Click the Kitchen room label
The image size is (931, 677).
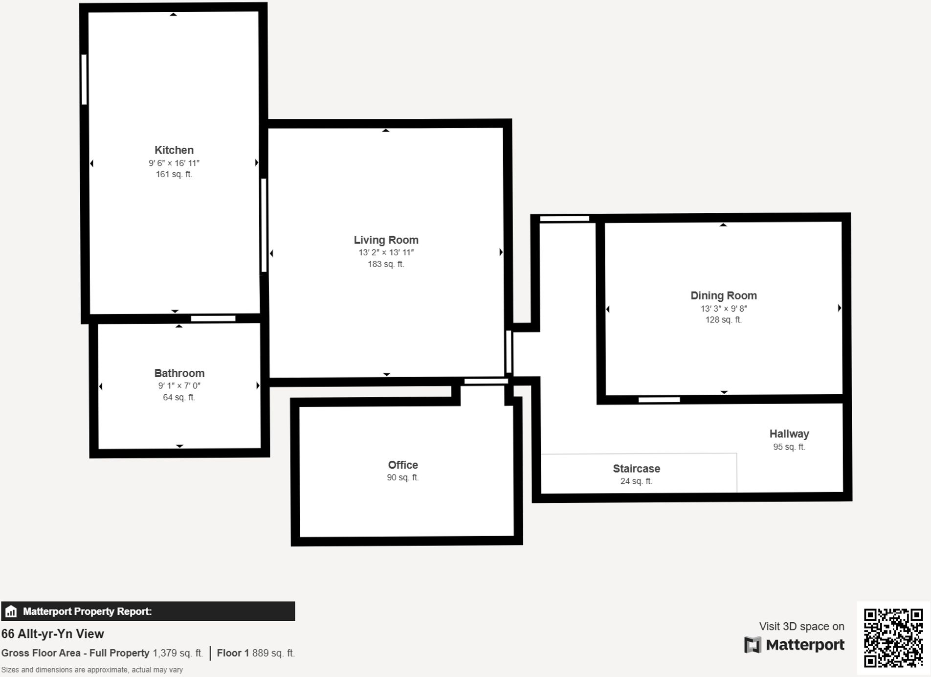(x=174, y=150)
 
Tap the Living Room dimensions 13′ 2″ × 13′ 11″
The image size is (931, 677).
(x=386, y=252)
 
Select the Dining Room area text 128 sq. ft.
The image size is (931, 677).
(x=723, y=320)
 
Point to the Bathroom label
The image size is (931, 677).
(x=179, y=373)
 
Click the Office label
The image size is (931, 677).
(x=403, y=465)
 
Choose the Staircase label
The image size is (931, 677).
(x=636, y=469)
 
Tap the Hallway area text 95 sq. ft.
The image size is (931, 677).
(x=789, y=447)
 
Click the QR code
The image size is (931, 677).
(x=893, y=638)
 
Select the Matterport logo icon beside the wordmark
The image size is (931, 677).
(x=753, y=645)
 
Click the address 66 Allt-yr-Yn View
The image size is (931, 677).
(x=53, y=634)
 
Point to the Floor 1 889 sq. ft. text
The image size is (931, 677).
(x=255, y=653)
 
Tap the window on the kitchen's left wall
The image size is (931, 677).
(x=84, y=79)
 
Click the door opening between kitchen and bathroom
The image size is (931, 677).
(x=213, y=318)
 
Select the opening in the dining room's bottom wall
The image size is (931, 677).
(x=659, y=400)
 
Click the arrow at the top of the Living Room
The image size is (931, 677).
(x=386, y=131)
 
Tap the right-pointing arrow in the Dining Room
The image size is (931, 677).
(x=839, y=308)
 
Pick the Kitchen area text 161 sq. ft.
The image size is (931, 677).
(x=174, y=174)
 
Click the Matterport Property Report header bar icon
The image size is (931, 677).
(x=11, y=611)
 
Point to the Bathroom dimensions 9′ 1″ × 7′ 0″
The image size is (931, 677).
(x=179, y=386)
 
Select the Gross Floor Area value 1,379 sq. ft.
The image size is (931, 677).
(x=177, y=653)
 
